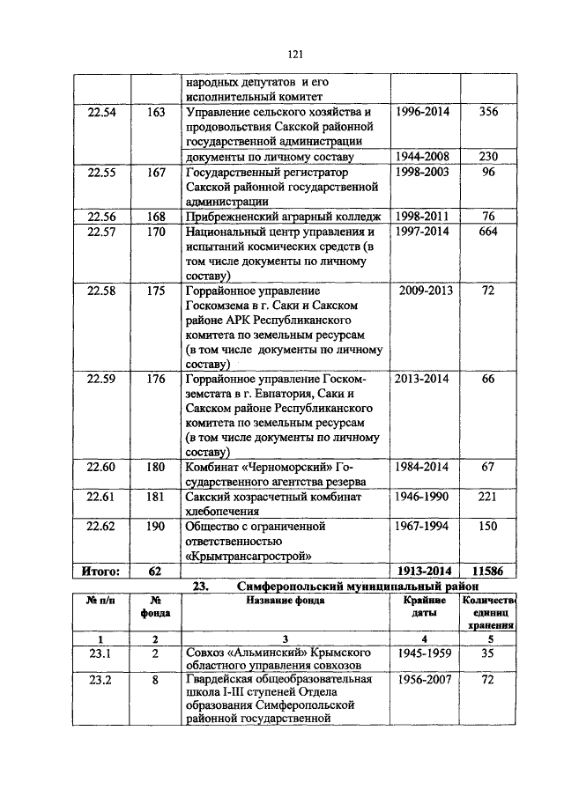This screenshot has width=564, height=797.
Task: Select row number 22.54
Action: click(102, 112)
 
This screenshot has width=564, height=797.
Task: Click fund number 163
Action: click(156, 112)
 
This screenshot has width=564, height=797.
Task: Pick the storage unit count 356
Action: click(487, 112)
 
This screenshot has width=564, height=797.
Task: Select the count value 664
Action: click(487, 232)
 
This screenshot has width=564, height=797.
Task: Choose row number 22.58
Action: click(102, 290)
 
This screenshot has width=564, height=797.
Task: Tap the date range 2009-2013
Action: click(427, 290)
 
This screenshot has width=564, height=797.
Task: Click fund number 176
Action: click(156, 379)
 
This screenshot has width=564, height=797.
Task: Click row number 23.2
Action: click(102, 681)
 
